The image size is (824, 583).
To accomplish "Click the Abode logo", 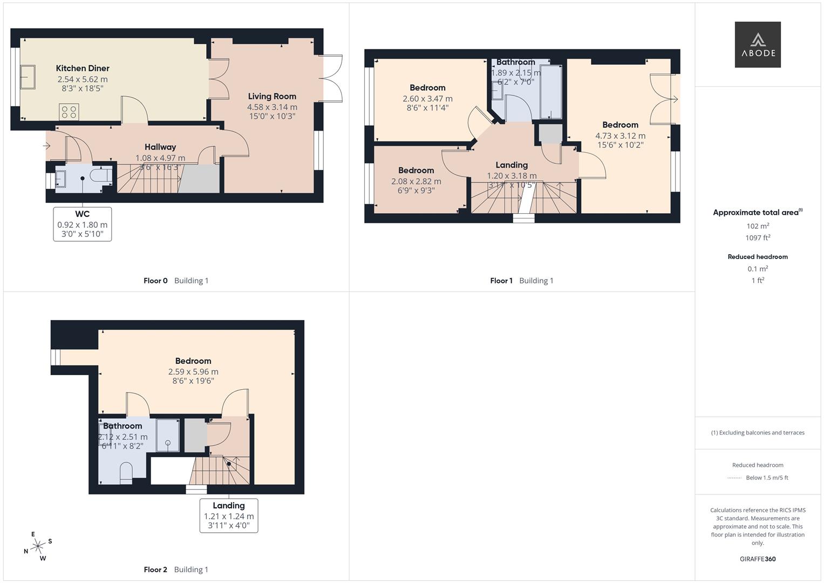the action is click(x=758, y=44).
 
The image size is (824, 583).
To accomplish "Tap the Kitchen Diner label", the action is click(x=83, y=68).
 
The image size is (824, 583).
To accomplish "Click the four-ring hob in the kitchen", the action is click(x=69, y=112).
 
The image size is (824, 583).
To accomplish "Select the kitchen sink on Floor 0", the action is click(x=28, y=77).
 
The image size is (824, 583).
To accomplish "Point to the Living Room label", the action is click(x=272, y=97).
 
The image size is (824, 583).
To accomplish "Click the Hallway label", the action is click(x=160, y=147).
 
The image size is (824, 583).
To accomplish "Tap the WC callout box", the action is click(x=83, y=224).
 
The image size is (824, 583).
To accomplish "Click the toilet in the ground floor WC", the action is click(x=101, y=175).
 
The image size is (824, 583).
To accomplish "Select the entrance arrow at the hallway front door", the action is click(x=46, y=146).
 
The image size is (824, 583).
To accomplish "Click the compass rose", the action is click(x=38, y=546).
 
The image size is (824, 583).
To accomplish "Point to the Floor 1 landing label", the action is click(x=512, y=165).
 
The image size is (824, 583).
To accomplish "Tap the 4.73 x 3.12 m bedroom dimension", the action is click(x=620, y=136).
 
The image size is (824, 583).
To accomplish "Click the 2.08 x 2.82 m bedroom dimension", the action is click(x=416, y=181).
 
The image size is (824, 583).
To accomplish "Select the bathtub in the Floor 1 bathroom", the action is click(x=550, y=92).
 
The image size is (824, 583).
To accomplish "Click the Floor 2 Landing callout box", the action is click(x=229, y=516).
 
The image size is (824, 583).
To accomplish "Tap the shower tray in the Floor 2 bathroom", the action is click(x=168, y=435).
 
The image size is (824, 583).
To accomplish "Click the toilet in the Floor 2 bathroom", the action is click(x=126, y=472).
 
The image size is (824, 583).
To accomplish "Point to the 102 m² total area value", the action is click(x=758, y=226).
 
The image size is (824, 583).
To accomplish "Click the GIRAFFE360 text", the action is click(x=758, y=559).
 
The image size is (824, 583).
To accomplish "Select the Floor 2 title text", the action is click(x=176, y=570).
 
